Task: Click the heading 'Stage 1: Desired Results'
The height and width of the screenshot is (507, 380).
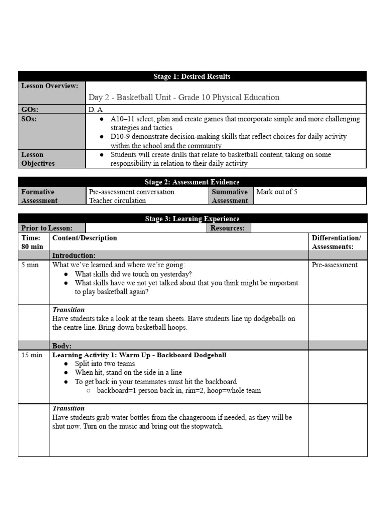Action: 192,76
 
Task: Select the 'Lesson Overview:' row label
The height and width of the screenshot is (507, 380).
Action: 49,86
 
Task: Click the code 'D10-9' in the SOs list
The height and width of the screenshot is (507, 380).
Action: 121,136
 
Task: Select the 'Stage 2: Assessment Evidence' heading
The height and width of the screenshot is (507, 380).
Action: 192,182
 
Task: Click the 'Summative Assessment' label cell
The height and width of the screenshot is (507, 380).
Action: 230,196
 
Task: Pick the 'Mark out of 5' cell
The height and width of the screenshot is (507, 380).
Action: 277,192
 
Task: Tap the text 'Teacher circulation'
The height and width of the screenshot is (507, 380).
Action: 117,201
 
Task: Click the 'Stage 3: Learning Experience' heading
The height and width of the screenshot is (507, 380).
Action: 192,219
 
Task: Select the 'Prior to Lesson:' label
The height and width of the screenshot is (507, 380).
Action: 47,228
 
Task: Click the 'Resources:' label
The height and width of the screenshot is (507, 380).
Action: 228,228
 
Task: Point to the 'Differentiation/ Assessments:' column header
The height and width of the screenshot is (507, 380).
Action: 336,242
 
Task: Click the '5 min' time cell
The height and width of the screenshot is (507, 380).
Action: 30,265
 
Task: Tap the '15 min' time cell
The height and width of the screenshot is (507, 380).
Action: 32,355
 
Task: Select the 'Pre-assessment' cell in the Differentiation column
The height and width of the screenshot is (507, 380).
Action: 334,265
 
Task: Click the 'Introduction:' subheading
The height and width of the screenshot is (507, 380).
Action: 74,255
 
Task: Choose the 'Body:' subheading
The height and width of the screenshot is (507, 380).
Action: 62,346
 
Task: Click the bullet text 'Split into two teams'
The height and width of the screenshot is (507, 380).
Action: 104,364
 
